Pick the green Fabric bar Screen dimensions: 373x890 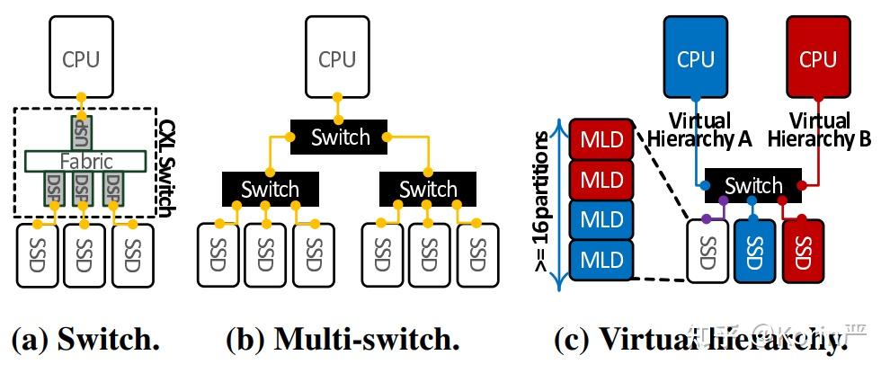(x=86, y=162)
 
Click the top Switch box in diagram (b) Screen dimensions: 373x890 (x=340, y=138)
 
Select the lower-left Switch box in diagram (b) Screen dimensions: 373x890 (x=270, y=189)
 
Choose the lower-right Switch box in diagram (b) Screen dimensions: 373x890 (x=428, y=189)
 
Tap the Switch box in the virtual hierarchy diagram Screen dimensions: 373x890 (x=753, y=186)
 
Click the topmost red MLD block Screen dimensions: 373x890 (x=601, y=139)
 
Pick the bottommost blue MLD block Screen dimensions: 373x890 (x=601, y=260)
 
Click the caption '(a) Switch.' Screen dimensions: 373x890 (x=85, y=340)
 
